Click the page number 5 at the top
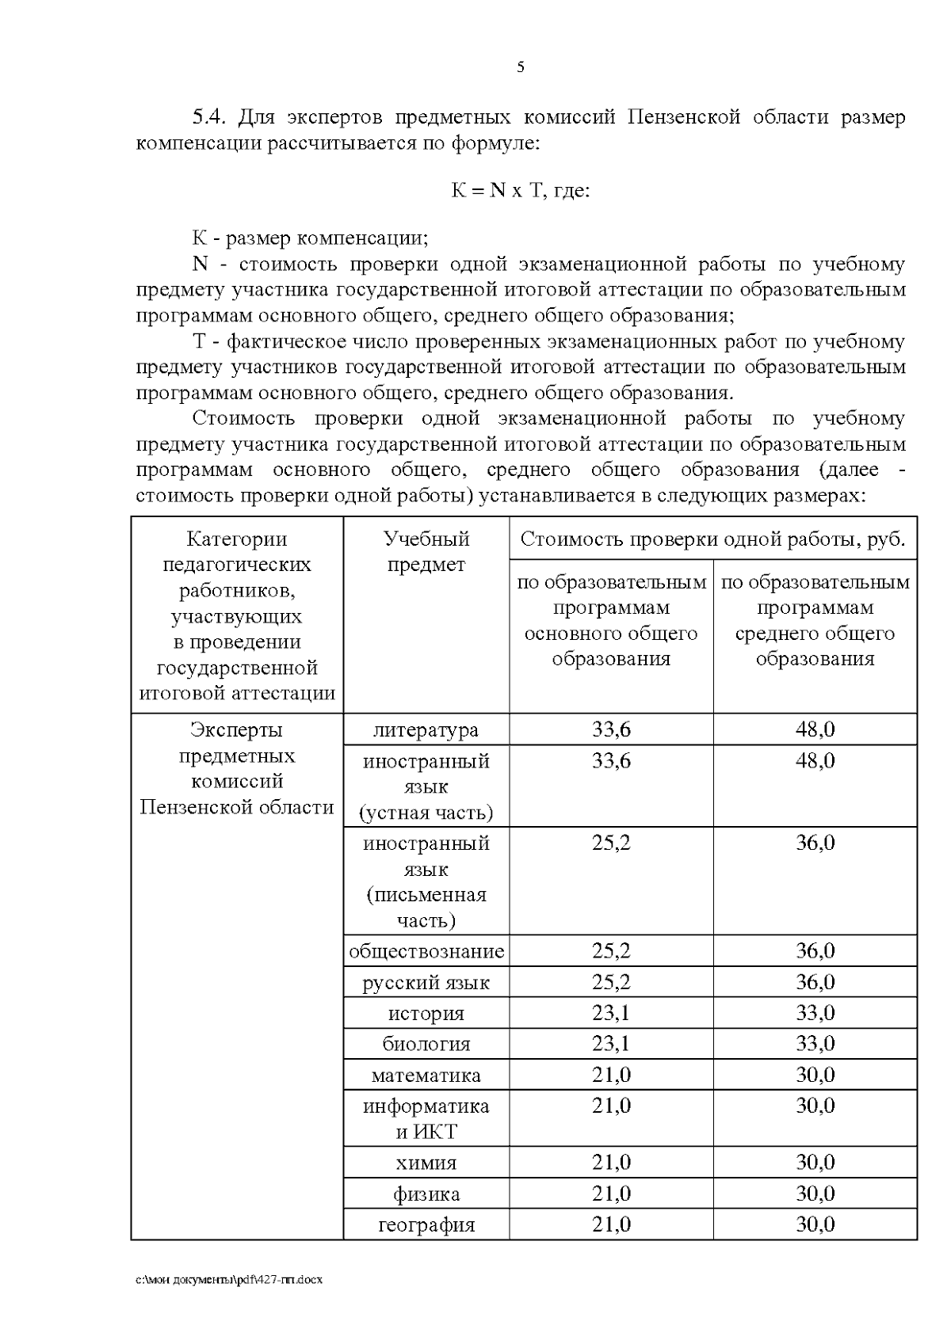pos(520,67)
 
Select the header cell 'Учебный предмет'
pos(426,552)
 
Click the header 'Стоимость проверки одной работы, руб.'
pos(712,539)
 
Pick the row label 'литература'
pos(426,729)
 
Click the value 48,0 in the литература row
pos(815,729)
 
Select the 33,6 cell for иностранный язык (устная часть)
pos(611,761)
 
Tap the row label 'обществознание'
pos(426,951)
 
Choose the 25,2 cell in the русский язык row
pos(611,982)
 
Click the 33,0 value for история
pos(815,1013)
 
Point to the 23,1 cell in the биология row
pos(611,1044)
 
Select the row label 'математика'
pos(426,1076)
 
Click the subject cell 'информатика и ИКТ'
pos(426,1118)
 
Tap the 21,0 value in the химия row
pos(611,1163)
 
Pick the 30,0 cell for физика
pos(815,1194)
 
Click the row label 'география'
pos(426,1225)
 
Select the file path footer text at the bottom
pos(229,1280)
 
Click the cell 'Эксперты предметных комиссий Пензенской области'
pos(237,768)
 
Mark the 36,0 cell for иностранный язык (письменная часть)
pos(815,843)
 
